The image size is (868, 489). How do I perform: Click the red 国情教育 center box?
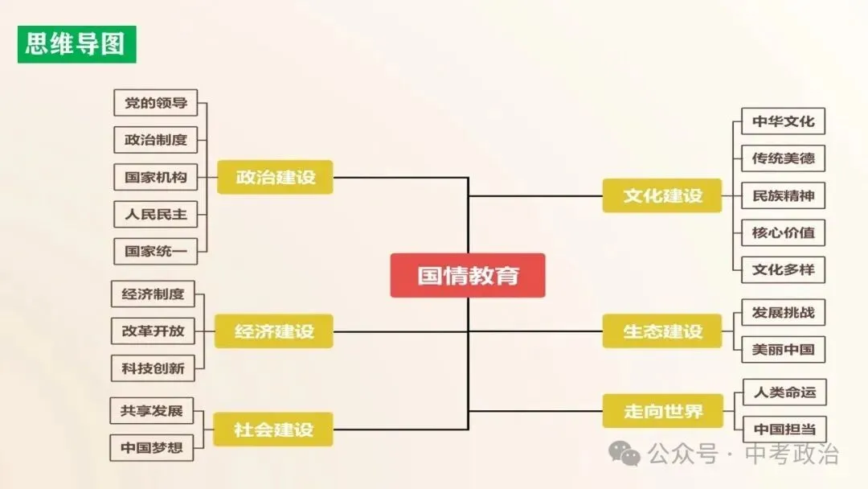pyautogui.click(x=468, y=276)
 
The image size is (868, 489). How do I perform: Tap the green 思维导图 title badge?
pyautogui.click(x=76, y=44)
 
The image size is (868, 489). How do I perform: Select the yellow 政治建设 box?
pyautogui.click(x=275, y=177)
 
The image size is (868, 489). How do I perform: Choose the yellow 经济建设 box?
pyautogui.click(x=274, y=331)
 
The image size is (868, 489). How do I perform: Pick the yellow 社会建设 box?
pyautogui.click(x=273, y=429)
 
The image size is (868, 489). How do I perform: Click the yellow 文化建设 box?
pyautogui.click(x=662, y=195)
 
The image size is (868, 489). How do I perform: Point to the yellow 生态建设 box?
pyautogui.click(x=662, y=331)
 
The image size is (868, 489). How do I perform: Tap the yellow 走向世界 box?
pyautogui.click(x=662, y=411)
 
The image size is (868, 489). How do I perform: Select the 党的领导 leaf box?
pyautogui.click(x=155, y=103)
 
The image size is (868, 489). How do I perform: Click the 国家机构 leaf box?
pyautogui.click(x=155, y=177)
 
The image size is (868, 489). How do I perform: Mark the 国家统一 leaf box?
pyautogui.click(x=155, y=251)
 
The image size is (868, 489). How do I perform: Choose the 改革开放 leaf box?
pyautogui.click(x=153, y=331)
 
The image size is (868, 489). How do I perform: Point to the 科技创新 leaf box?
pyautogui.click(x=153, y=368)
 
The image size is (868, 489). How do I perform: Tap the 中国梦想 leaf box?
pyautogui.click(x=151, y=447)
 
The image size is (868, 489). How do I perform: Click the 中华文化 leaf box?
pyautogui.click(x=783, y=121)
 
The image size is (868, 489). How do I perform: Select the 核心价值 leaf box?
pyautogui.click(x=783, y=232)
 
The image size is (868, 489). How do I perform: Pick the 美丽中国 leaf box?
pyautogui.click(x=783, y=349)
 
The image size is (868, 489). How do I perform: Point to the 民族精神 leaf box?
pyautogui.click(x=783, y=195)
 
